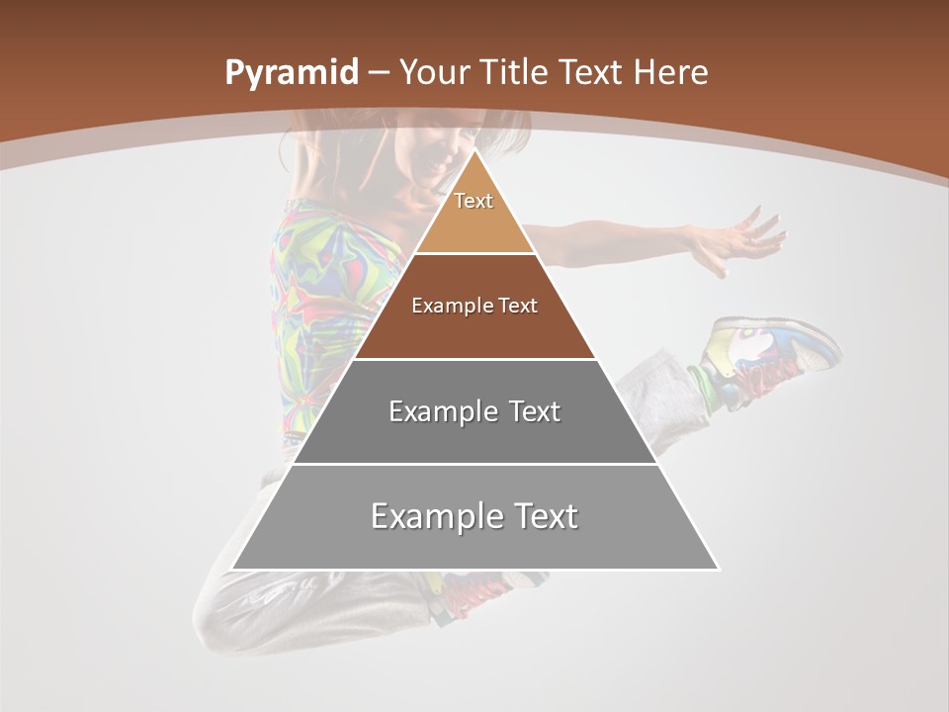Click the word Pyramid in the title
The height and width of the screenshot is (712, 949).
pos(290,73)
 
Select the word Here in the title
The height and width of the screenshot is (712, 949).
pos(671,73)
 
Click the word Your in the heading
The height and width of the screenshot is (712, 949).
pos(434,73)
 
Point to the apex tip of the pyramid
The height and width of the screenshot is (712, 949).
pos(474,150)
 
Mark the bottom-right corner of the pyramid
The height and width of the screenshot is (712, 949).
pos(718,569)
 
